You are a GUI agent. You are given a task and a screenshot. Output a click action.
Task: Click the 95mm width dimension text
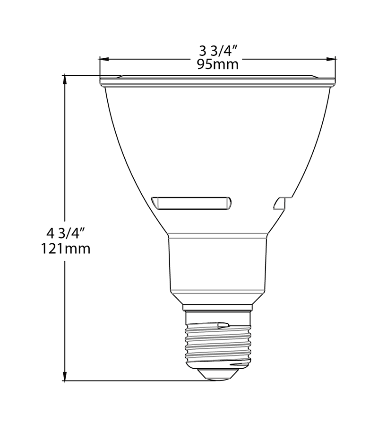pos(217,64)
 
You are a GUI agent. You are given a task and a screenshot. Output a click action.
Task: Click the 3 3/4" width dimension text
pos(217,50)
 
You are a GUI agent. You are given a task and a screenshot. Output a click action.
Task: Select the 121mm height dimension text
pos(65,248)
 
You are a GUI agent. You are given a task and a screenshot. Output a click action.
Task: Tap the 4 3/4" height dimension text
pos(65,233)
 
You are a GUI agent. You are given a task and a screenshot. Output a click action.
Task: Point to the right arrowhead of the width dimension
pos(332,59)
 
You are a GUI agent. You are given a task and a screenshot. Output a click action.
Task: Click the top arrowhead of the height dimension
pos(64,78)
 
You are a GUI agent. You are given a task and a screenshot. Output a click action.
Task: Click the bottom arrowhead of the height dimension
pos(64,377)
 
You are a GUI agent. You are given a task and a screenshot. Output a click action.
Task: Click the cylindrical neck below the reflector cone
pos(217,265)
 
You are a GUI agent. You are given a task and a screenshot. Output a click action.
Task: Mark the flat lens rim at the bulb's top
pos(217,81)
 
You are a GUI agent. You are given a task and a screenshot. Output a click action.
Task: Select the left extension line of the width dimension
pos(99,66)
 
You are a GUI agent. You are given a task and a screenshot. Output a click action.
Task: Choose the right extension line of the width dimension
pos(335,66)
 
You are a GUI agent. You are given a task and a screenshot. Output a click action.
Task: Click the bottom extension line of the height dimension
pos(132,381)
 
